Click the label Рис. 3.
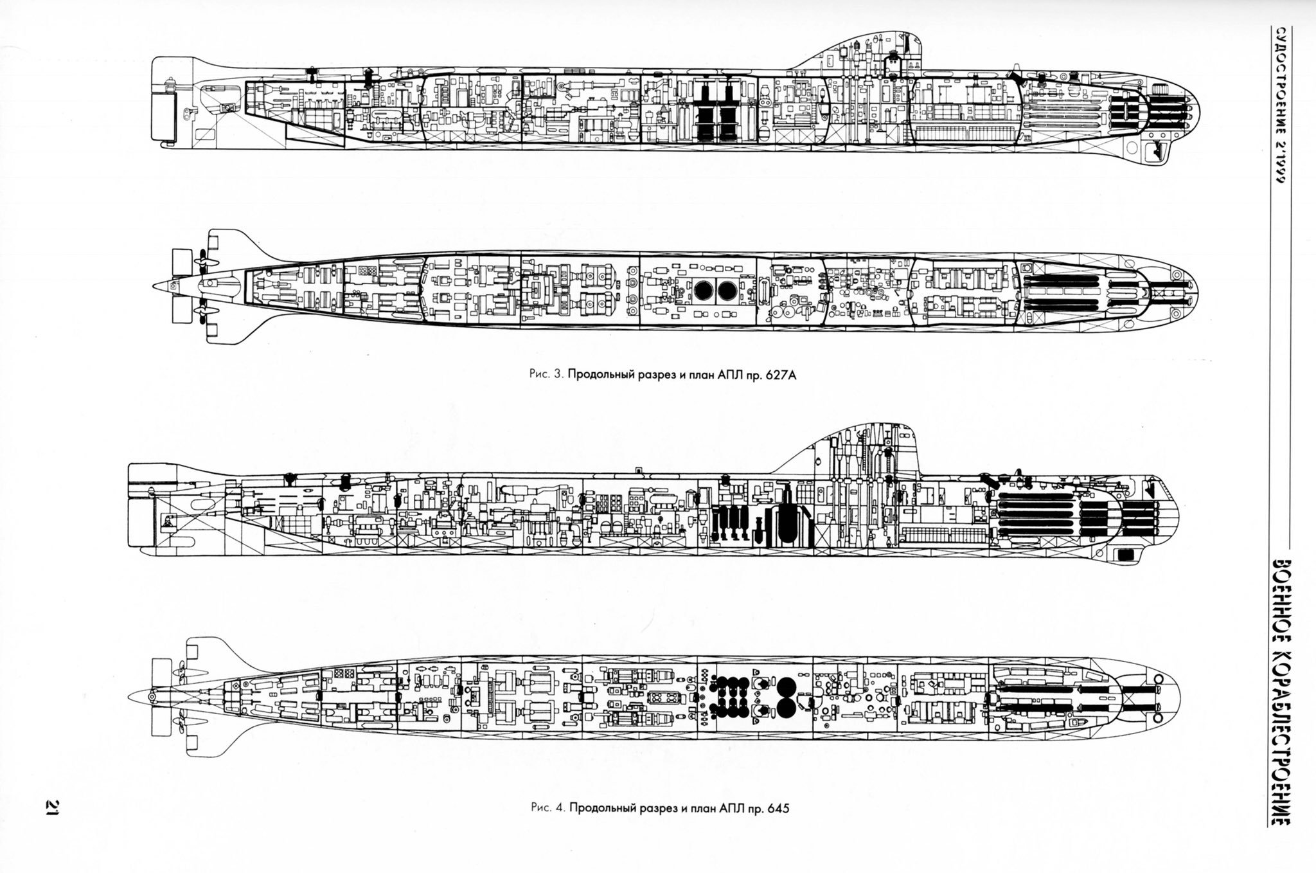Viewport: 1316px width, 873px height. coord(548,376)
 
